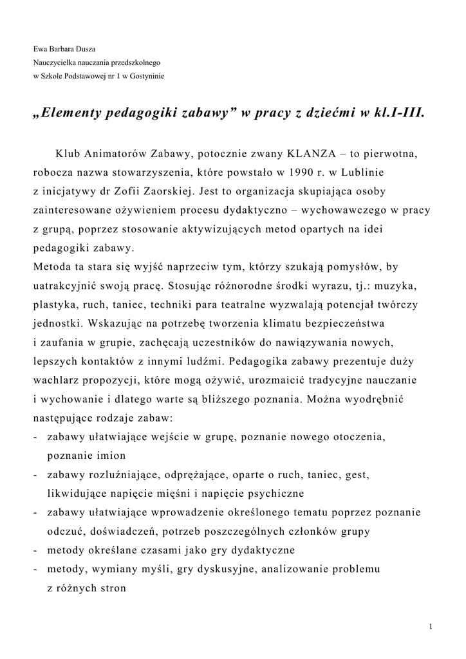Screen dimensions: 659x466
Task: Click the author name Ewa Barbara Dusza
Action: pos(64,50)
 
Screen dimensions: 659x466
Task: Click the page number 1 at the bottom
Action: pos(430,626)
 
